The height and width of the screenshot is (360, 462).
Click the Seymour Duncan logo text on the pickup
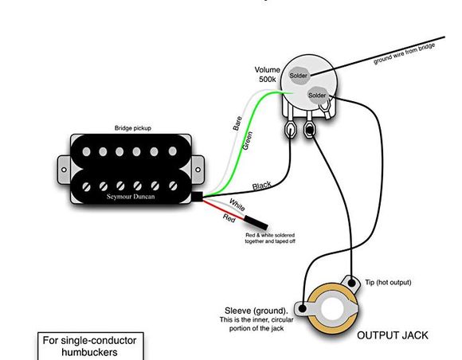coord(131,197)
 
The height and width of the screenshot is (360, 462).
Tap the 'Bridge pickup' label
coord(133,128)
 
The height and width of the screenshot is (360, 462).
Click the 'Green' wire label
coord(247,141)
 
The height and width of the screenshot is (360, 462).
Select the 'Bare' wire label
coord(237,123)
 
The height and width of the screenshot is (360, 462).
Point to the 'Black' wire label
coord(261,186)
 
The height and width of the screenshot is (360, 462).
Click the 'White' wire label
coord(237,205)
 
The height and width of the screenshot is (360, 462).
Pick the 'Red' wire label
coord(229,218)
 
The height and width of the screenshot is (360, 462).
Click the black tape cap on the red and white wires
coord(256,222)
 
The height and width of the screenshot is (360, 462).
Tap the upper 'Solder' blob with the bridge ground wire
coord(298,76)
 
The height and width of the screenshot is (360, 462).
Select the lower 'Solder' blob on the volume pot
coord(317,95)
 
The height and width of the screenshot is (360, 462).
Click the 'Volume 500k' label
coord(267,75)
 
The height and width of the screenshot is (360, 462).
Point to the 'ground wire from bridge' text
coord(405,53)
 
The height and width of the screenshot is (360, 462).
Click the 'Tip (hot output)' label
coord(388,282)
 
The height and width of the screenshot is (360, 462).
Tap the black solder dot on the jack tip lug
coord(352,284)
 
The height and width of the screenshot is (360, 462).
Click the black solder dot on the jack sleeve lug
coord(302,308)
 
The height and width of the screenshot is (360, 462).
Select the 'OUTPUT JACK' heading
coord(393,335)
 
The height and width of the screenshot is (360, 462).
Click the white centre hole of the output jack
coord(332,309)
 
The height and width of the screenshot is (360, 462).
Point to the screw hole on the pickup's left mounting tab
coord(64,170)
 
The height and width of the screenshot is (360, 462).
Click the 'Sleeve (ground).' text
coord(256,311)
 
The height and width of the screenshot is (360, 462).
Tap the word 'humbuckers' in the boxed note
coord(89,352)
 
